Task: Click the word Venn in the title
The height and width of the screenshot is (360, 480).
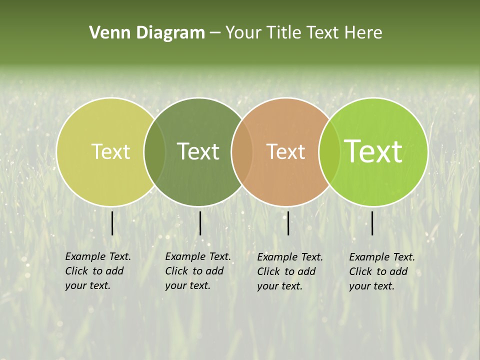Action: coord(106,33)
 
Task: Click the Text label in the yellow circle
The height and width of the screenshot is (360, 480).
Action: coord(110,152)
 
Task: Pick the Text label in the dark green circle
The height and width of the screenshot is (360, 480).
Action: coord(198,152)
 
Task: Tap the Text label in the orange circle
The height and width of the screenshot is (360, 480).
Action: coord(285,152)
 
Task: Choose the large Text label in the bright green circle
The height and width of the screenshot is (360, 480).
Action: coord(373,151)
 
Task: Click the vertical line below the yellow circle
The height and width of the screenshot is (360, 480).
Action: coord(112,223)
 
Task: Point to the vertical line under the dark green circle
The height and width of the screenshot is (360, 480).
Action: coord(200,223)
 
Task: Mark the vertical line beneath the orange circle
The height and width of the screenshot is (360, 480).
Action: coord(288,223)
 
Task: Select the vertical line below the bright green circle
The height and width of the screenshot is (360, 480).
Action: coord(372,223)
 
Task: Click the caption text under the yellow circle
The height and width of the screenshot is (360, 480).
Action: coord(97,271)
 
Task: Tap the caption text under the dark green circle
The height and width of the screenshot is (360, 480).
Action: coord(197,271)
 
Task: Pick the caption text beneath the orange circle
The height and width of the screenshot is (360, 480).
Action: coord(289,271)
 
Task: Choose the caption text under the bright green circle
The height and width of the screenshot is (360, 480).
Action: coord(381,271)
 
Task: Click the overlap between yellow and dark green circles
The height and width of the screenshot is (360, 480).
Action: coord(154,152)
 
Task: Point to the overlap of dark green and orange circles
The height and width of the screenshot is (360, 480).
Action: coord(242,152)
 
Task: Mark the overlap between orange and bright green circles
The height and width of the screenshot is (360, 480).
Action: coord(329,152)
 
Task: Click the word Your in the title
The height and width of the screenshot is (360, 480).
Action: coord(243,33)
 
